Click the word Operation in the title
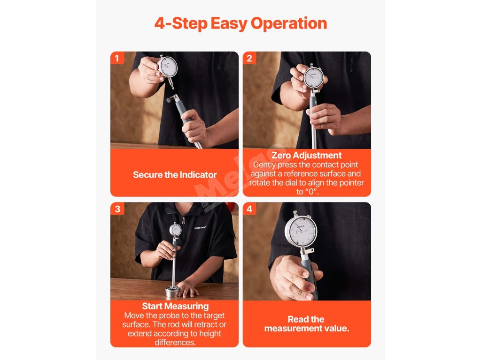coord(289,24)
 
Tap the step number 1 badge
coord(117,58)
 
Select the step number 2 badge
coord(249,58)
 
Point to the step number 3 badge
coord(117,209)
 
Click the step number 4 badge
coord(249,209)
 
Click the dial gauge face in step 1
coord(168,67)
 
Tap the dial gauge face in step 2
coord(313,77)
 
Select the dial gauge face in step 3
coord(176,230)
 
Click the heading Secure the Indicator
coord(175,175)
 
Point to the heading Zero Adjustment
coord(306,155)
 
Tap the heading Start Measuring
coord(175,306)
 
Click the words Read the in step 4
coord(306,319)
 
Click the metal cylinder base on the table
coord(172,292)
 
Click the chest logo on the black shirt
coord(200,227)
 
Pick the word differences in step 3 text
coord(175,343)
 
